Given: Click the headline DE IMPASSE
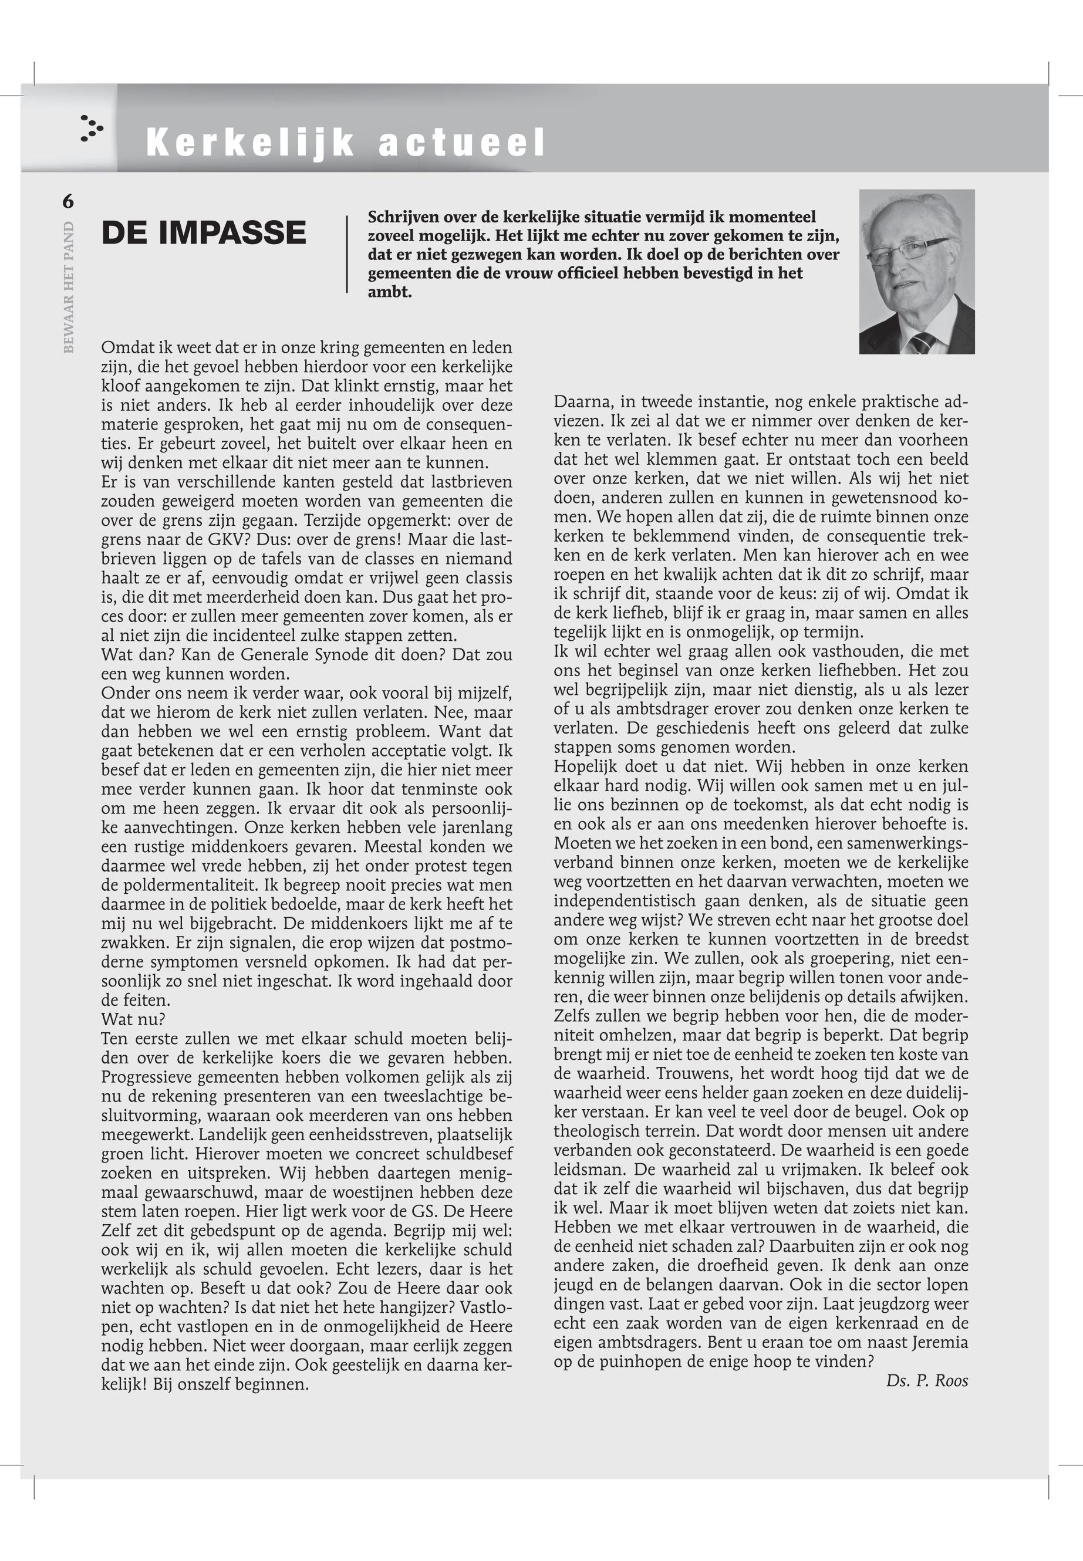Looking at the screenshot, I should (204, 233).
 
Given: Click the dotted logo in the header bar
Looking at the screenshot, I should (91, 127).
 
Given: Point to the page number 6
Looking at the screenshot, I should (68, 201).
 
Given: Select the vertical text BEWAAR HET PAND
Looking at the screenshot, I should (69, 286).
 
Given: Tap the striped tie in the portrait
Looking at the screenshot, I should (923, 343).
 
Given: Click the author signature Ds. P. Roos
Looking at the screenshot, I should (926, 1380).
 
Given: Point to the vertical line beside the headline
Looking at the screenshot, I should (347, 255).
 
